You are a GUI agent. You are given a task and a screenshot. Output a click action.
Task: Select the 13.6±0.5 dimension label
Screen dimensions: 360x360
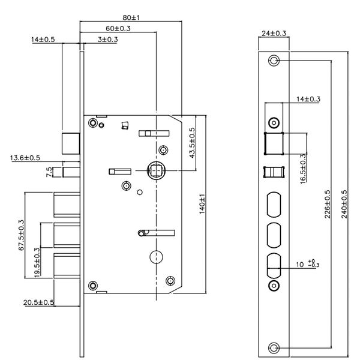(x=25, y=158)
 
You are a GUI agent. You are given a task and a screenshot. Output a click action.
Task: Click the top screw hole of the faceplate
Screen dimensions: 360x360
(x=274, y=61)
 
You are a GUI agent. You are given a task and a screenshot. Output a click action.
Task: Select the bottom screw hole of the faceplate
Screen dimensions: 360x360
(x=274, y=347)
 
